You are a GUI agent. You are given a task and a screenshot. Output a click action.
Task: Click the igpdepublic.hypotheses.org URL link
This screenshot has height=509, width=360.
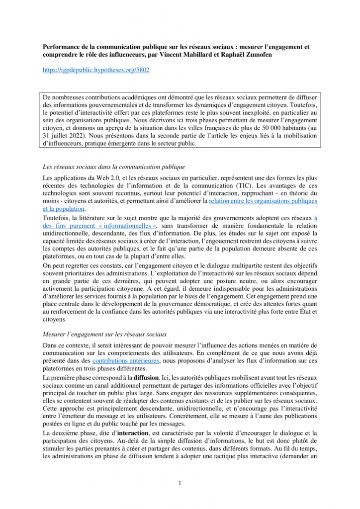(96, 70)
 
